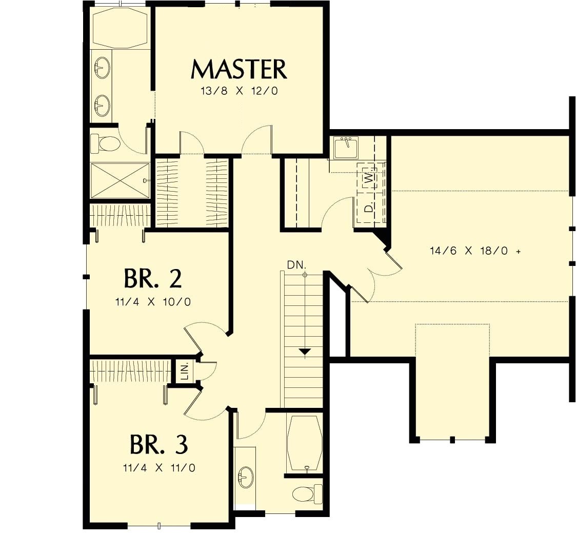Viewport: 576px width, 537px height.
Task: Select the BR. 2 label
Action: pos(152,279)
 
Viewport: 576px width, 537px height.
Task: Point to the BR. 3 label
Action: pos(158,445)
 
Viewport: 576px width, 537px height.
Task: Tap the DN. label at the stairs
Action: pos(296,265)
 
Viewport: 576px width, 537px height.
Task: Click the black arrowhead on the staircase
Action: pos(305,352)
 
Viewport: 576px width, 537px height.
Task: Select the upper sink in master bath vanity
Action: pos(102,67)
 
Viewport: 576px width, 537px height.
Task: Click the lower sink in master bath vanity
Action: pos(102,106)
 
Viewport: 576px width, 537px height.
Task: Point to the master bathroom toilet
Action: pos(105,143)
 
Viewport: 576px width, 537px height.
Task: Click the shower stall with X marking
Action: pos(120,180)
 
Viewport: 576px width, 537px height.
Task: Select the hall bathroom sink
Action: pos(246,478)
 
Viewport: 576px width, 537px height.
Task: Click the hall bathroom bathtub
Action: pos(305,443)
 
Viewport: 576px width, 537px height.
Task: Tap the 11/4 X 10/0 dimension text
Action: pos(153,302)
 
